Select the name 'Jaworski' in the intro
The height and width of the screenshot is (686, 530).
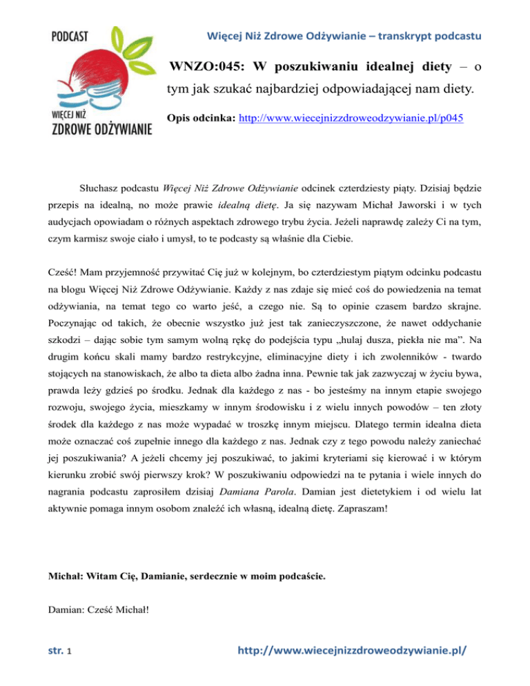[404, 206]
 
